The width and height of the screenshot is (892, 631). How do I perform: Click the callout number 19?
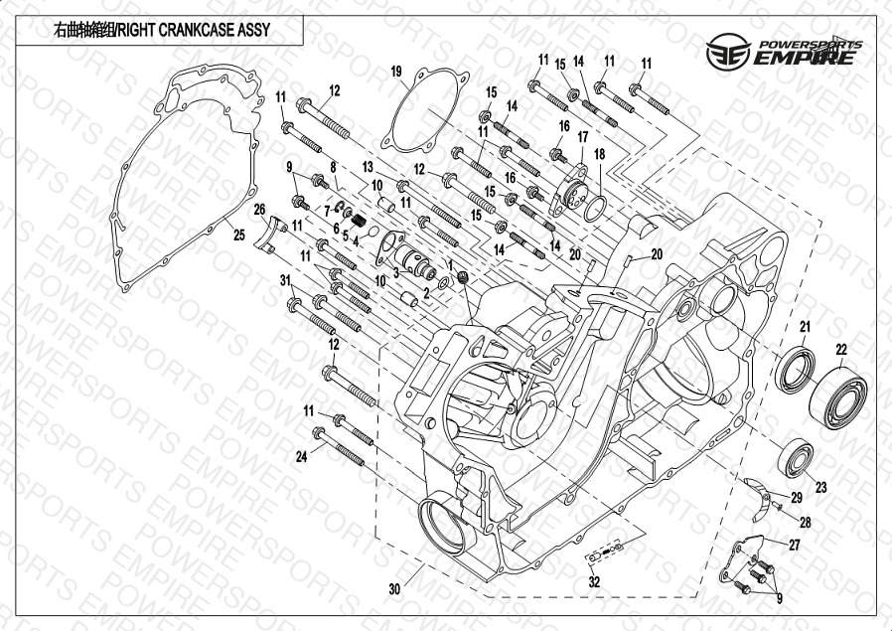click(396, 72)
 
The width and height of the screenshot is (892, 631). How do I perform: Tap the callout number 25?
click(239, 234)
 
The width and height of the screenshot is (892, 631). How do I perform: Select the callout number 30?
click(394, 589)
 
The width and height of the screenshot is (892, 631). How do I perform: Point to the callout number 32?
click(594, 581)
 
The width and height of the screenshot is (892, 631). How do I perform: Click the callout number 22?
click(841, 350)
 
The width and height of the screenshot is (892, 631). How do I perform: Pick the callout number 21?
click(805, 327)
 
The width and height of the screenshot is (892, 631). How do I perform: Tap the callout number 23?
click(820, 488)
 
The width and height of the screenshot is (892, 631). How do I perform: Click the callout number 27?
click(794, 546)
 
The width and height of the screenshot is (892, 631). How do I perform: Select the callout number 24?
click(302, 456)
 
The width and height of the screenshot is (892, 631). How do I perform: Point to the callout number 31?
click(285, 280)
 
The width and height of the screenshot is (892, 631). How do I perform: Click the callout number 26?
click(259, 210)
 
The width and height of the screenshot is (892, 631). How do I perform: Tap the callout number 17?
click(582, 137)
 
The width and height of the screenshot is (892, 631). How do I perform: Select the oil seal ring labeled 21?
click(795, 370)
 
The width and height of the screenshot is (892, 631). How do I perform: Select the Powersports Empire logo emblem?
click(729, 52)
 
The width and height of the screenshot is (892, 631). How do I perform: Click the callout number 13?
click(368, 167)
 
